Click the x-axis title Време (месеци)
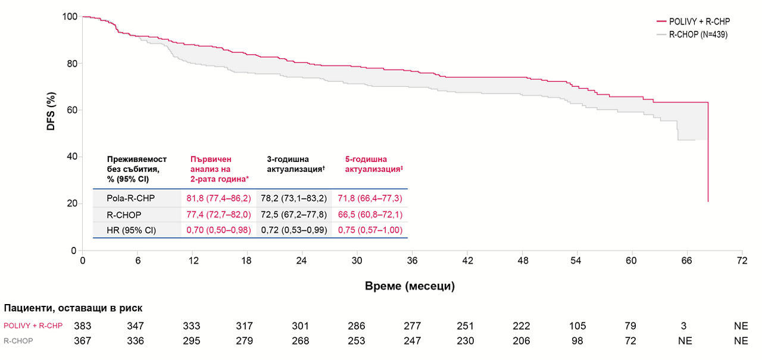point(410,286)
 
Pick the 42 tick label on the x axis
point(467,261)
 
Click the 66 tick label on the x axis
point(686,261)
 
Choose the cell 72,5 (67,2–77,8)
point(296,214)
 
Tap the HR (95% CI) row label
point(131,230)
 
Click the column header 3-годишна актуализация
point(296,164)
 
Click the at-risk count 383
point(82,326)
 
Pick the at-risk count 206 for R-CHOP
point(522,341)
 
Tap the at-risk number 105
point(577,326)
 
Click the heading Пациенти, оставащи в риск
point(73,308)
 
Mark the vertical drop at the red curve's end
point(708,155)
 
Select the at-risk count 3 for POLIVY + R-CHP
point(686,326)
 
